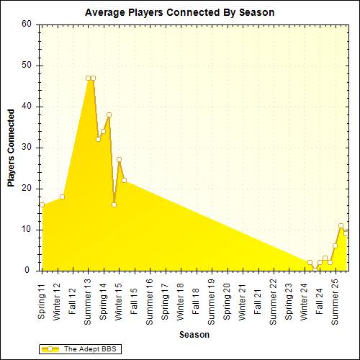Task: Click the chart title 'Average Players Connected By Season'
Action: [x=179, y=13]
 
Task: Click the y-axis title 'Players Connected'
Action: [x=11, y=148]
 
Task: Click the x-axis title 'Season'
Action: [x=194, y=335]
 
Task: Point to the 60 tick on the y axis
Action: [x=27, y=24]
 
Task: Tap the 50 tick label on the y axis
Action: [x=27, y=66]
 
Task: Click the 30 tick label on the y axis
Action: [x=27, y=148]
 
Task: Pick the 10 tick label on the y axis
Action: [x=27, y=230]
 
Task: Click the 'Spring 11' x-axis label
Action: [x=42, y=302]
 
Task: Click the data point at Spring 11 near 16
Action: [x=42, y=205]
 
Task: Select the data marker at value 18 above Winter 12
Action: [x=63, y=197]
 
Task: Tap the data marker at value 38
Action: [x=109, y=114]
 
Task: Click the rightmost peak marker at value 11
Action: [x=341, y=226]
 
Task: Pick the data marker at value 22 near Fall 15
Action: [x=124, y=180]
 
